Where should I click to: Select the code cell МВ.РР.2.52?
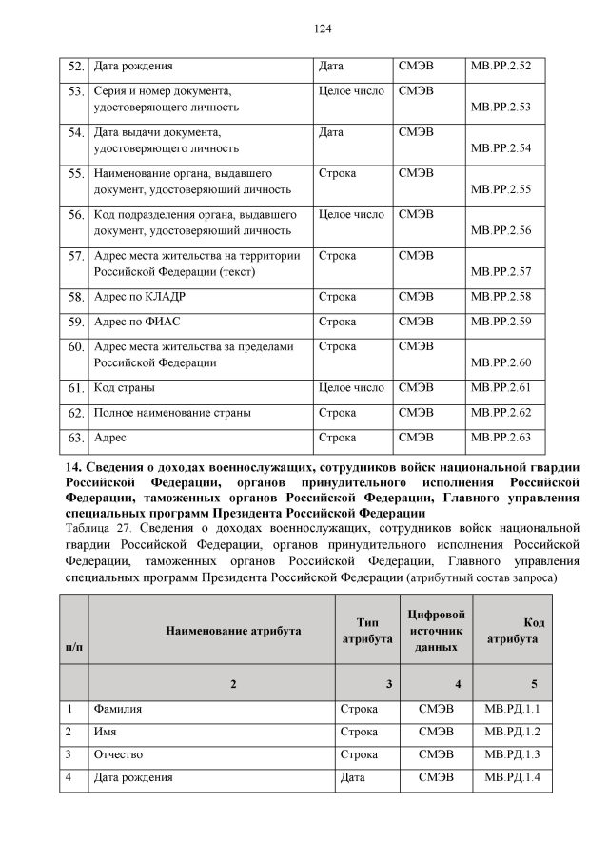click(501, 67)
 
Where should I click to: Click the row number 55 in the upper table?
click(77, 174)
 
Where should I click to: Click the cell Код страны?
click(125, 388)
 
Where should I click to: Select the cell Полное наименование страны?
click(170, 413)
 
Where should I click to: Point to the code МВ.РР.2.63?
click(501, 438)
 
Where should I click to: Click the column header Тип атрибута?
click(366, 631)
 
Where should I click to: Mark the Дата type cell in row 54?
click(331, 132)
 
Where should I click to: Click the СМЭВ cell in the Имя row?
click(436, 732)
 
